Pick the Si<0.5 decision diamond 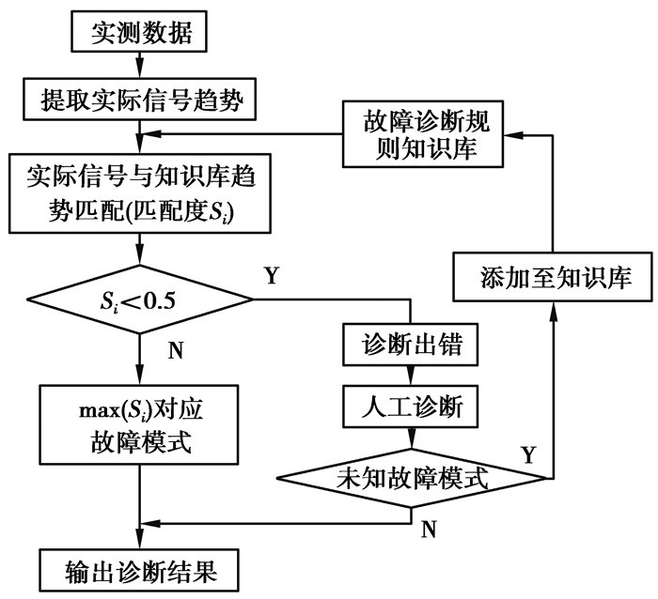pos(140,300)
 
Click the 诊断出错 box pos(412,345)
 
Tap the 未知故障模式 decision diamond pos(412,477)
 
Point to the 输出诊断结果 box pos(140,570)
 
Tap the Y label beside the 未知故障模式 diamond pos(527,456)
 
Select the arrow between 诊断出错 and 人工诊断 pos(412,376)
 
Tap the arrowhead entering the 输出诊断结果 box pos(140,544)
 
